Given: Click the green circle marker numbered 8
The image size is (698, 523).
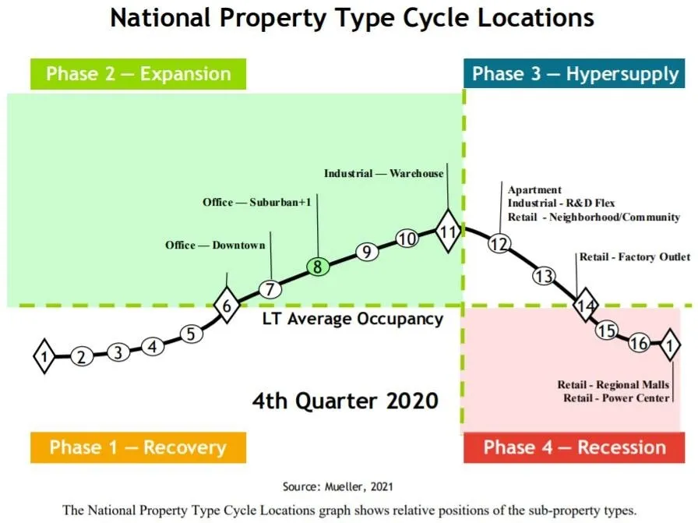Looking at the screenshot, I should [x=318, y=267].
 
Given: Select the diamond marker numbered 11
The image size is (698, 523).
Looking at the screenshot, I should [x=447, y=231].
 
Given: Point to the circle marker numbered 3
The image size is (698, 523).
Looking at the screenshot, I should [x=118, y=352].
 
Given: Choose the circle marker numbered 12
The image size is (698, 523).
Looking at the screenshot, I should [x=499, y=244].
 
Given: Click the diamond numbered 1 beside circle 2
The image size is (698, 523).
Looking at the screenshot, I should [x=44, y=357].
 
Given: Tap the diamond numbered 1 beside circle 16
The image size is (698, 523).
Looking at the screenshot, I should [x=669, y=344].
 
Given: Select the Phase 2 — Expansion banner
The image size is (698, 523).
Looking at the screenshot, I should [x=138, y=74].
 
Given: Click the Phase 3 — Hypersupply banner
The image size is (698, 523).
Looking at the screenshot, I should [x=575, y=74].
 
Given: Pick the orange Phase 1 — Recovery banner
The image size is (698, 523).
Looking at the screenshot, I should [x=138, y=447].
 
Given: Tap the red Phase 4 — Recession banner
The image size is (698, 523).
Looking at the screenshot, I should [x=574, y=447].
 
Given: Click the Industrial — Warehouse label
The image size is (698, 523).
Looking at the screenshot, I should [x=383, y=173].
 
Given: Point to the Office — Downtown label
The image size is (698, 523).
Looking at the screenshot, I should [x=215, y=245].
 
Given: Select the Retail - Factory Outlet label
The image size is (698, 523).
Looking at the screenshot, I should [x=634, y=256].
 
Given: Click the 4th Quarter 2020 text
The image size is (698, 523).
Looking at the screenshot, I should [x=345, y=401].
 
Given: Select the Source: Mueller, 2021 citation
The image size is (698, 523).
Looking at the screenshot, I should [x=337, y=486].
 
